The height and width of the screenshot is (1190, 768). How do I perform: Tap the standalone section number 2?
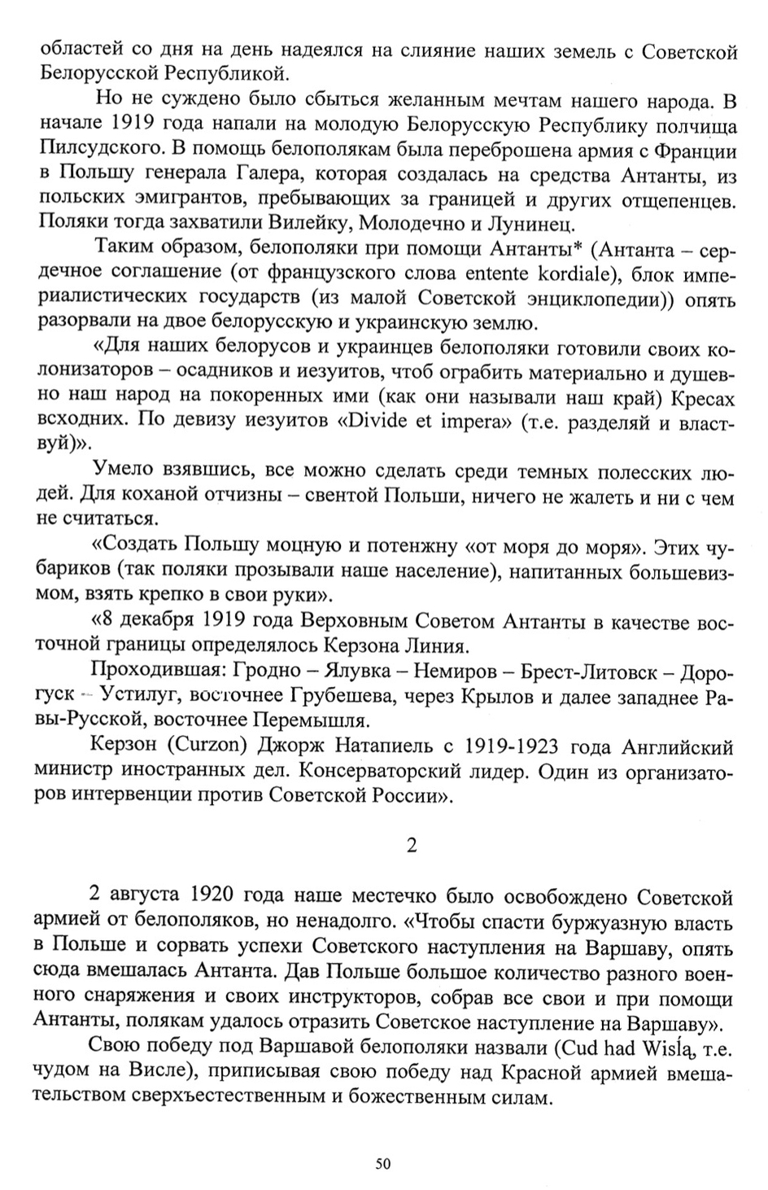pos(412,845)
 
